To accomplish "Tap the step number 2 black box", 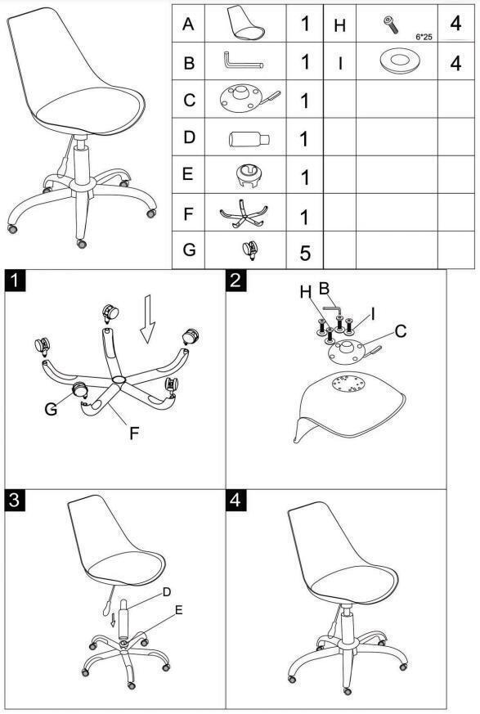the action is pyautogui.click(x=236, y=280).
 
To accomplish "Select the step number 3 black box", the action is pyautogui.click(x=15, y=500).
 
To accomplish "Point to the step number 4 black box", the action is pyautogui.click(x=236, y=500).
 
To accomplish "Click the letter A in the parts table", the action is pyautogui.click(x=188, y=25).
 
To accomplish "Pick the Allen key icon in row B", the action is pyautogui.click(x=243, y=61).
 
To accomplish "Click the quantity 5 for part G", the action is pyautogui.click(x=305, y=253).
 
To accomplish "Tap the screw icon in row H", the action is pyautogui.click(x=390, y=25).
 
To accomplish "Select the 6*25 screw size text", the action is pyautogui.click(x=424, y=37).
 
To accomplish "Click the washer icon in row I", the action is pyautogui.click(x=399, y=61).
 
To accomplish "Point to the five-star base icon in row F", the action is pyautogui.click(x=244, y=213).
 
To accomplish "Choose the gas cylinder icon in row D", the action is pyautogui.click(x=249, y=138).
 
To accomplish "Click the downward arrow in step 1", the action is pyautogui.click(x=147, y=318).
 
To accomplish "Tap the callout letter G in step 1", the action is pyautogui.click(x=51, y=408).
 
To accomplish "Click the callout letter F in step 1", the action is pyautogui.click(x=134, y=433).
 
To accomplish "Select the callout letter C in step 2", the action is pyautogui.click(x=401, y=331).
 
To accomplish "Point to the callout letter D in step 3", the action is pyautogui.click(x=167, y=591).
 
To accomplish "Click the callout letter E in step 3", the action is pyautogui.click(x=179, y=610).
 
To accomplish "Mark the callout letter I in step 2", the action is pyautogui.click(x=373, y=314).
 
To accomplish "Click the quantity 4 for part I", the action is pyautogui.click(x=455, y=63).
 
